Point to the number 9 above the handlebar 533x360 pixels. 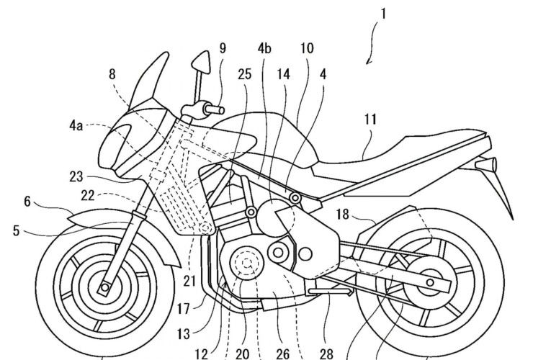(223, 50)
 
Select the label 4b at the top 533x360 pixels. (264, 50)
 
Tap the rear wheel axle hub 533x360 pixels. (431, 283)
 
